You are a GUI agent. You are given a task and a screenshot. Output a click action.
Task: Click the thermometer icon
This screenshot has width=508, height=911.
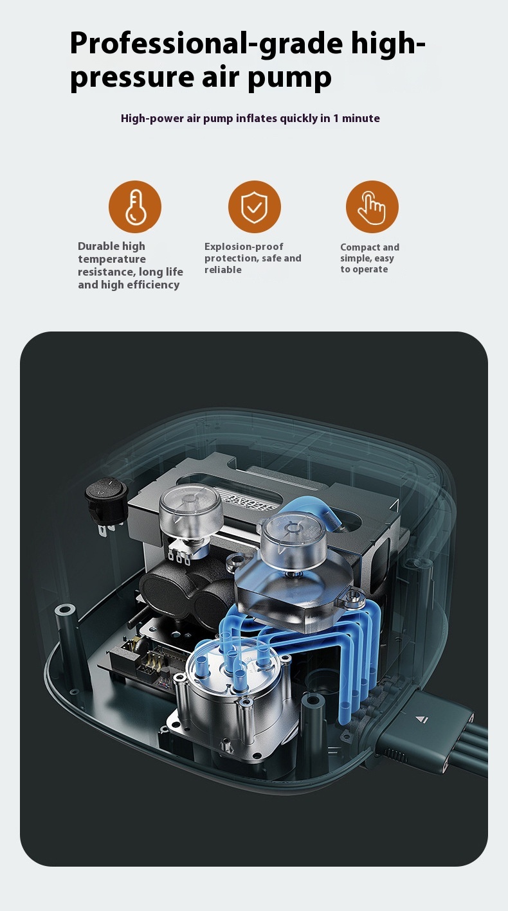[135, 207]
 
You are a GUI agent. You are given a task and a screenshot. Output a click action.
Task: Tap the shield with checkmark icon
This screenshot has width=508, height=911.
[255, 207]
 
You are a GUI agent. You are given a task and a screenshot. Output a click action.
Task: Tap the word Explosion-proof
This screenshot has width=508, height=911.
[244, 247]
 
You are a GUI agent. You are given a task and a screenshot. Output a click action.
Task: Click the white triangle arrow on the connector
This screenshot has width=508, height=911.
[421, 720]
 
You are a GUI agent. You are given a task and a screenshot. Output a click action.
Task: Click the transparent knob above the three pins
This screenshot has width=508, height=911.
[190, 507]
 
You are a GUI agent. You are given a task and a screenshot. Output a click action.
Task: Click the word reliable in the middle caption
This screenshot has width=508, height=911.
[222, 270]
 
